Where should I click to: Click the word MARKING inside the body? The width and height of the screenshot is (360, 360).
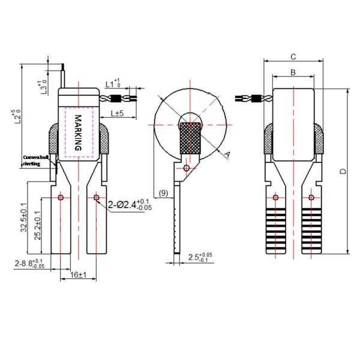[78, 133]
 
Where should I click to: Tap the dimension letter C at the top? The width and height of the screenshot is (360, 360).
[292, 56]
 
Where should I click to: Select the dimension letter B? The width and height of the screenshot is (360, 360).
[292, 72]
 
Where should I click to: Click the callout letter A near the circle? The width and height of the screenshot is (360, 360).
[227, 154]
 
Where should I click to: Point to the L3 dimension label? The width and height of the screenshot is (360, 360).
[42, 88]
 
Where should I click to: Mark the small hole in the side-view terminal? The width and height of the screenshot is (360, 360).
[187, 169]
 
